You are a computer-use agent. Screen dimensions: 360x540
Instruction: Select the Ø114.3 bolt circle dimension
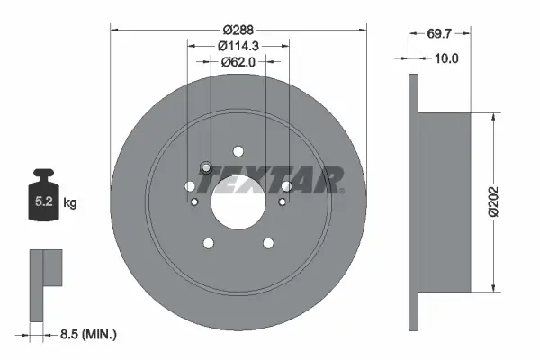(238, 46)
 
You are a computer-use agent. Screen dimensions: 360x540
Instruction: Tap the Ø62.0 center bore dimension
(238, 62)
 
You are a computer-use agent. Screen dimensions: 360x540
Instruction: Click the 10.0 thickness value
(447, 58)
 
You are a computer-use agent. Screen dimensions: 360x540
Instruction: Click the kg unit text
(70, 204)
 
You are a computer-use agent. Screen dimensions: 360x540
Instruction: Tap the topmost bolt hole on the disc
(238, 151)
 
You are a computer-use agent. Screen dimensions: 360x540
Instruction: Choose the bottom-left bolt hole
(209, 243)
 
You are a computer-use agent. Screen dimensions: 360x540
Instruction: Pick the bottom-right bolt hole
(267, 243)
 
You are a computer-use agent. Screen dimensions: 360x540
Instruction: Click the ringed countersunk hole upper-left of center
(206, 167)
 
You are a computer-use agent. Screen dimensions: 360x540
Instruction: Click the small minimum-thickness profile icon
(45, 283)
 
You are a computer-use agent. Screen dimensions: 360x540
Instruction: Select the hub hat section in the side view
(445, 202)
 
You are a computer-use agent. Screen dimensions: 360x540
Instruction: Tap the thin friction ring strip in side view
(413, 202)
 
